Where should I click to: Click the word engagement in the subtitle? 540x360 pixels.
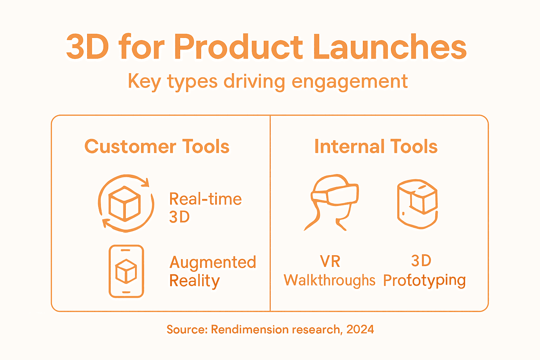[349, 82]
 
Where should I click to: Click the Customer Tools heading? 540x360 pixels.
[157, 147]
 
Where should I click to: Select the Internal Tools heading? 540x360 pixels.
[376, 147]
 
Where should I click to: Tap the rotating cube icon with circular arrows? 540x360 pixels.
[126, 203]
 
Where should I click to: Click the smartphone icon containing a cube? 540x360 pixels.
[126, 271]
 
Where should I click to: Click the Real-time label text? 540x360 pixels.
[205, 199]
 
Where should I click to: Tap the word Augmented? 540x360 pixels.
[213, 263]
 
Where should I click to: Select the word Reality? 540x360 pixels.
[194, 281]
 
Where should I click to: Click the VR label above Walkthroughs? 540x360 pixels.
[330, 262]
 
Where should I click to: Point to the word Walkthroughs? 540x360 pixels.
[329, 281]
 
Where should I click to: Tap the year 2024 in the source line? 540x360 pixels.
[360, 329]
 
